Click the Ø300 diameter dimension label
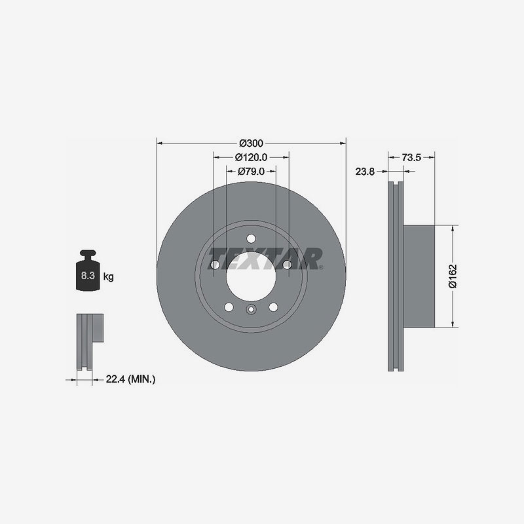coord(252,143)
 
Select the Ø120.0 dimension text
coord(252,157)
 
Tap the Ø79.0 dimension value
coord(252,172)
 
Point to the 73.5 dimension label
coord(411,157)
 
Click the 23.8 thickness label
coord(365,172)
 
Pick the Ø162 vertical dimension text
coord(453,276)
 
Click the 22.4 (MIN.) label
coord(130,379)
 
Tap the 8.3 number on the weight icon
coord(88,276)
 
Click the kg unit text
coord(108,276)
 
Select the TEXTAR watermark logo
coord(266,259)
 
